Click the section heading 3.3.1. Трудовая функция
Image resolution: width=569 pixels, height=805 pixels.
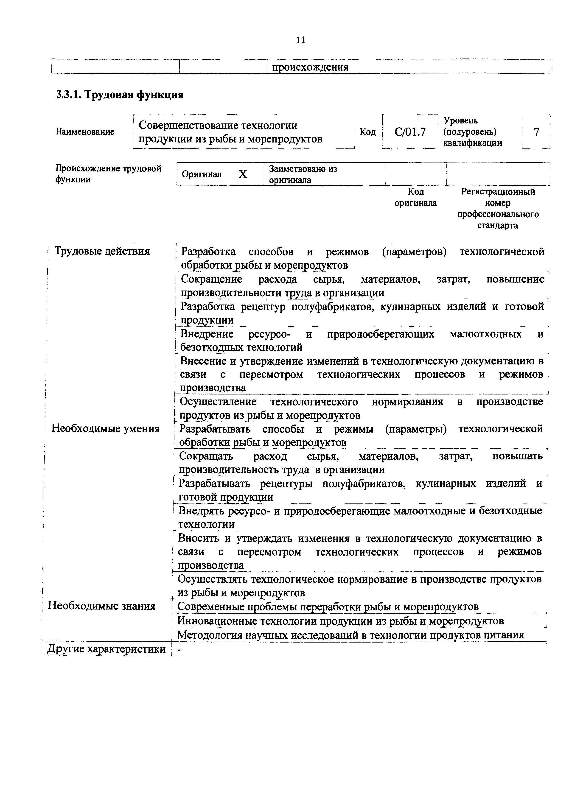(x=120, y=95)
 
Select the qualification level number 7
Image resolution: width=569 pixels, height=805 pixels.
(x=536, y=132)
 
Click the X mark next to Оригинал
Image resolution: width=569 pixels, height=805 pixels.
(x=243, y=174)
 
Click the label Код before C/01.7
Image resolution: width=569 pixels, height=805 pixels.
(x=368, y=132)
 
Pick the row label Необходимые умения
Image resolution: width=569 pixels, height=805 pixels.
(x=106, y=428)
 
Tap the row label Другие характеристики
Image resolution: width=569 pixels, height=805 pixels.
(x=106, y=649)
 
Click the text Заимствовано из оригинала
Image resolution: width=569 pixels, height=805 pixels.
(x=302, y=174)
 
